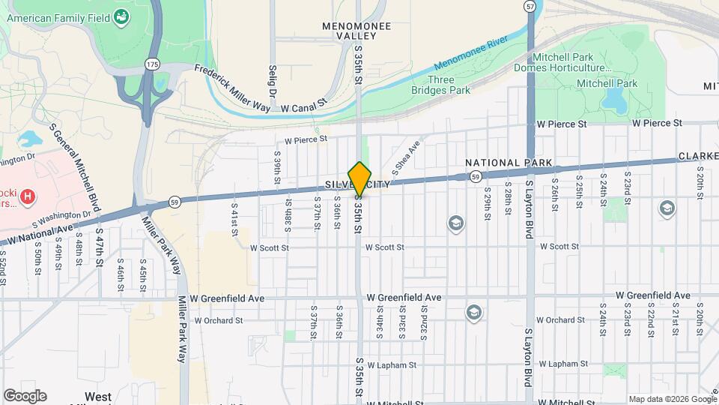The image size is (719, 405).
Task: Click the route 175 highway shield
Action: click(153, 64)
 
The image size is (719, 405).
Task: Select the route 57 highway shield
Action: click(530, 6)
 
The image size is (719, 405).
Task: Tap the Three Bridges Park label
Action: click(440, 85)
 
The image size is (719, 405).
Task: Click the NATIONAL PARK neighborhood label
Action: click(509, 163)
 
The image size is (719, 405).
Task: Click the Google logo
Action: click(25, 396)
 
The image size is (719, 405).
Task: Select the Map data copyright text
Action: click(671, 399)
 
